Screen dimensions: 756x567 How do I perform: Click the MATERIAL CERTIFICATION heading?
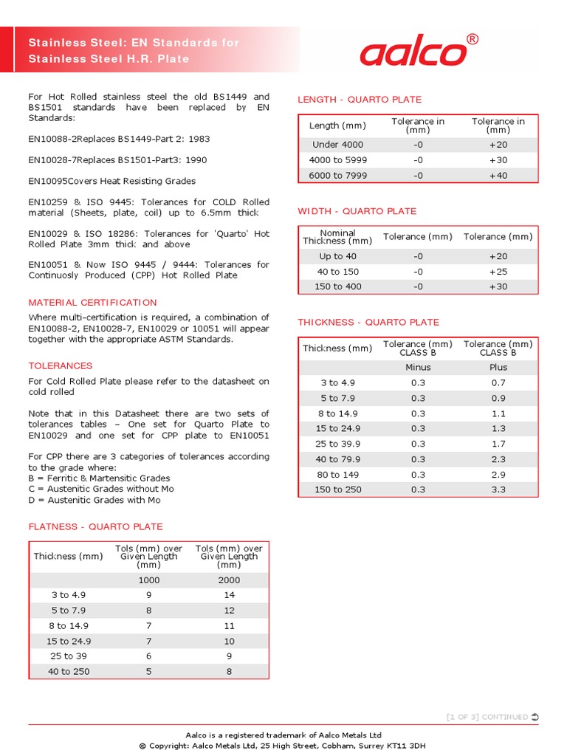92,303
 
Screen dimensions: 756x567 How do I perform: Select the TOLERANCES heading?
61,366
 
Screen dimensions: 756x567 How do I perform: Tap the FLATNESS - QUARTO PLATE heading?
95,527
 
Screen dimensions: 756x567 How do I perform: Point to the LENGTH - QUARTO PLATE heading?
360,100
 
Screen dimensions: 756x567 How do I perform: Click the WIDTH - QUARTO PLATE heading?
357,211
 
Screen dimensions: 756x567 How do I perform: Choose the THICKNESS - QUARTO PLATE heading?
368,323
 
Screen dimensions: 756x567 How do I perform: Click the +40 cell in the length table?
498,176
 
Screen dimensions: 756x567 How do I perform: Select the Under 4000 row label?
337,145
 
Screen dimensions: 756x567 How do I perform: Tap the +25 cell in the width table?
498,272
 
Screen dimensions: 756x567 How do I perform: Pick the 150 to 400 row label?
337,286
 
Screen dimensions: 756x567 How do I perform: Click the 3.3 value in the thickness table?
498,489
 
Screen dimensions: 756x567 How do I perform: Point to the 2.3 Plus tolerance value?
498,459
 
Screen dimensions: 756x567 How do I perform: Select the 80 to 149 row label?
337,475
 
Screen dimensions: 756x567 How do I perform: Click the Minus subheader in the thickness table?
418,367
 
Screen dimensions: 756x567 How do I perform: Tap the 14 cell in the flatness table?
229,595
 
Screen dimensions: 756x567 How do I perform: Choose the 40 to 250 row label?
68,671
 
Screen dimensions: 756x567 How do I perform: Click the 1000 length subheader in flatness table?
148,580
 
